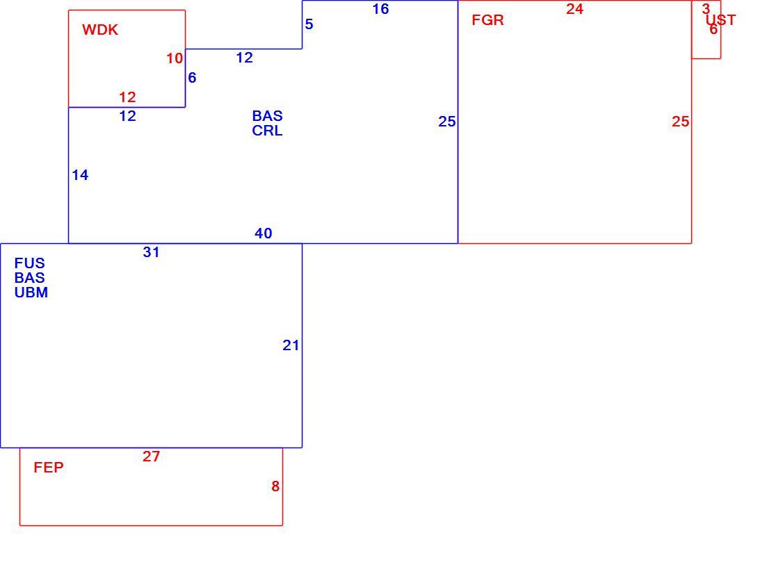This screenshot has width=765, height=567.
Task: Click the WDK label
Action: pos(100,30)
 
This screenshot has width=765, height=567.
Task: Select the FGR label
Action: pos(488,20)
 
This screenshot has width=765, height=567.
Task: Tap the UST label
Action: pos(720,20)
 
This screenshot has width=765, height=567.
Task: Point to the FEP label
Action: pos(48,468)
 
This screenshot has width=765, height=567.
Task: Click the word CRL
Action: pos(267,131)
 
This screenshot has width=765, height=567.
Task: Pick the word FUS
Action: pos(29,263)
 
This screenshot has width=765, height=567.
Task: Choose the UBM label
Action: pos(31,293)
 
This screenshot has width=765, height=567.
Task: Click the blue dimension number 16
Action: pos(380,9)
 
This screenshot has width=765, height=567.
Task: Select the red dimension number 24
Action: pos(574,9)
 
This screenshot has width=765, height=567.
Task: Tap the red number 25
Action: pos(681,122)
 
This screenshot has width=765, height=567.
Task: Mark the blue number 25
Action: pos(447,122)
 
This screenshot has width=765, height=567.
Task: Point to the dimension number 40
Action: pos(264,233)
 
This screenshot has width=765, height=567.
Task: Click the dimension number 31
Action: pos(151,252)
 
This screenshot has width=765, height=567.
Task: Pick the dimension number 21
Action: pos(291,345)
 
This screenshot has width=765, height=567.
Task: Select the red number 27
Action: pos(151,457)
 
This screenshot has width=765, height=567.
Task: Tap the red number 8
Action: pos(275,486)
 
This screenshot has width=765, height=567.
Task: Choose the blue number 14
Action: pos(80,175)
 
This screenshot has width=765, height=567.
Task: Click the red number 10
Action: pos(175,58)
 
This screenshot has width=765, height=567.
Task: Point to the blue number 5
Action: pos(309,24)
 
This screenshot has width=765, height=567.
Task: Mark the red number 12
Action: pos(127,97)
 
